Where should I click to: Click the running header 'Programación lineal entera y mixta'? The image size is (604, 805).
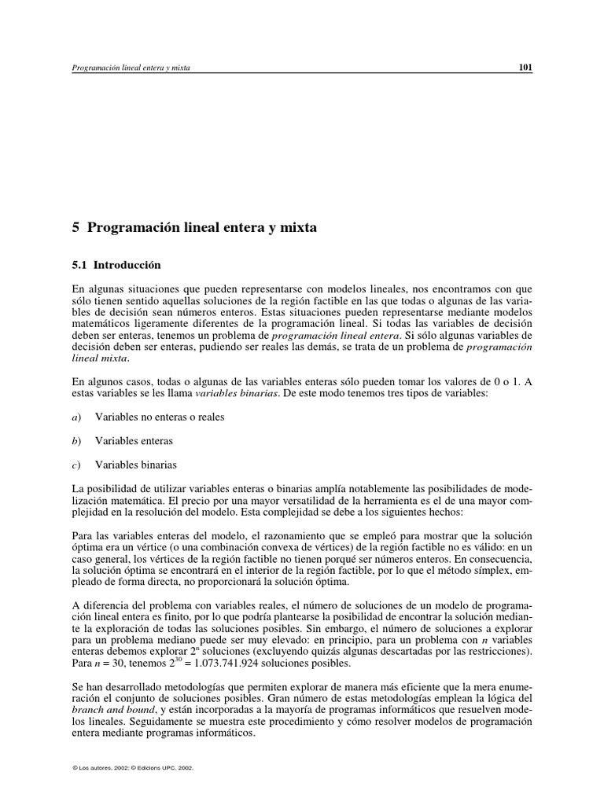point(131,68)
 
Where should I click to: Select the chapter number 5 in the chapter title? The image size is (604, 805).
point(76,228)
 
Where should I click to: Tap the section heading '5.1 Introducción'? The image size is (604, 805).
point(116,266)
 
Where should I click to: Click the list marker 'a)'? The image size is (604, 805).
point(77,417)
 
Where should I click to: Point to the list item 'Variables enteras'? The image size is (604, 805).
point(134,440)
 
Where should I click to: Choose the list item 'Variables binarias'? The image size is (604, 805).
point(136,464)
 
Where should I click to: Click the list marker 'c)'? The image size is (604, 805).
point(76,464)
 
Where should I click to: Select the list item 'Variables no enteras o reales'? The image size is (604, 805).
point(160,417)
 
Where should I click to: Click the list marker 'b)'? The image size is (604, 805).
point(77,440)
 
